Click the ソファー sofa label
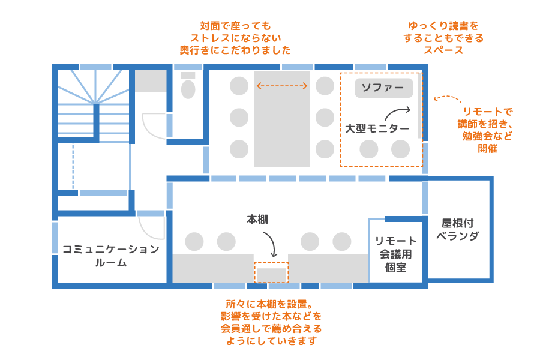383,88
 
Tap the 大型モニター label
377,128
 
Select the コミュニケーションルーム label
111,256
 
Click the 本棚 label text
257,220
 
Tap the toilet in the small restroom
188,89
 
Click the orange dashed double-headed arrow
282,86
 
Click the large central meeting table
282,119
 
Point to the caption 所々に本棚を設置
271,322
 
